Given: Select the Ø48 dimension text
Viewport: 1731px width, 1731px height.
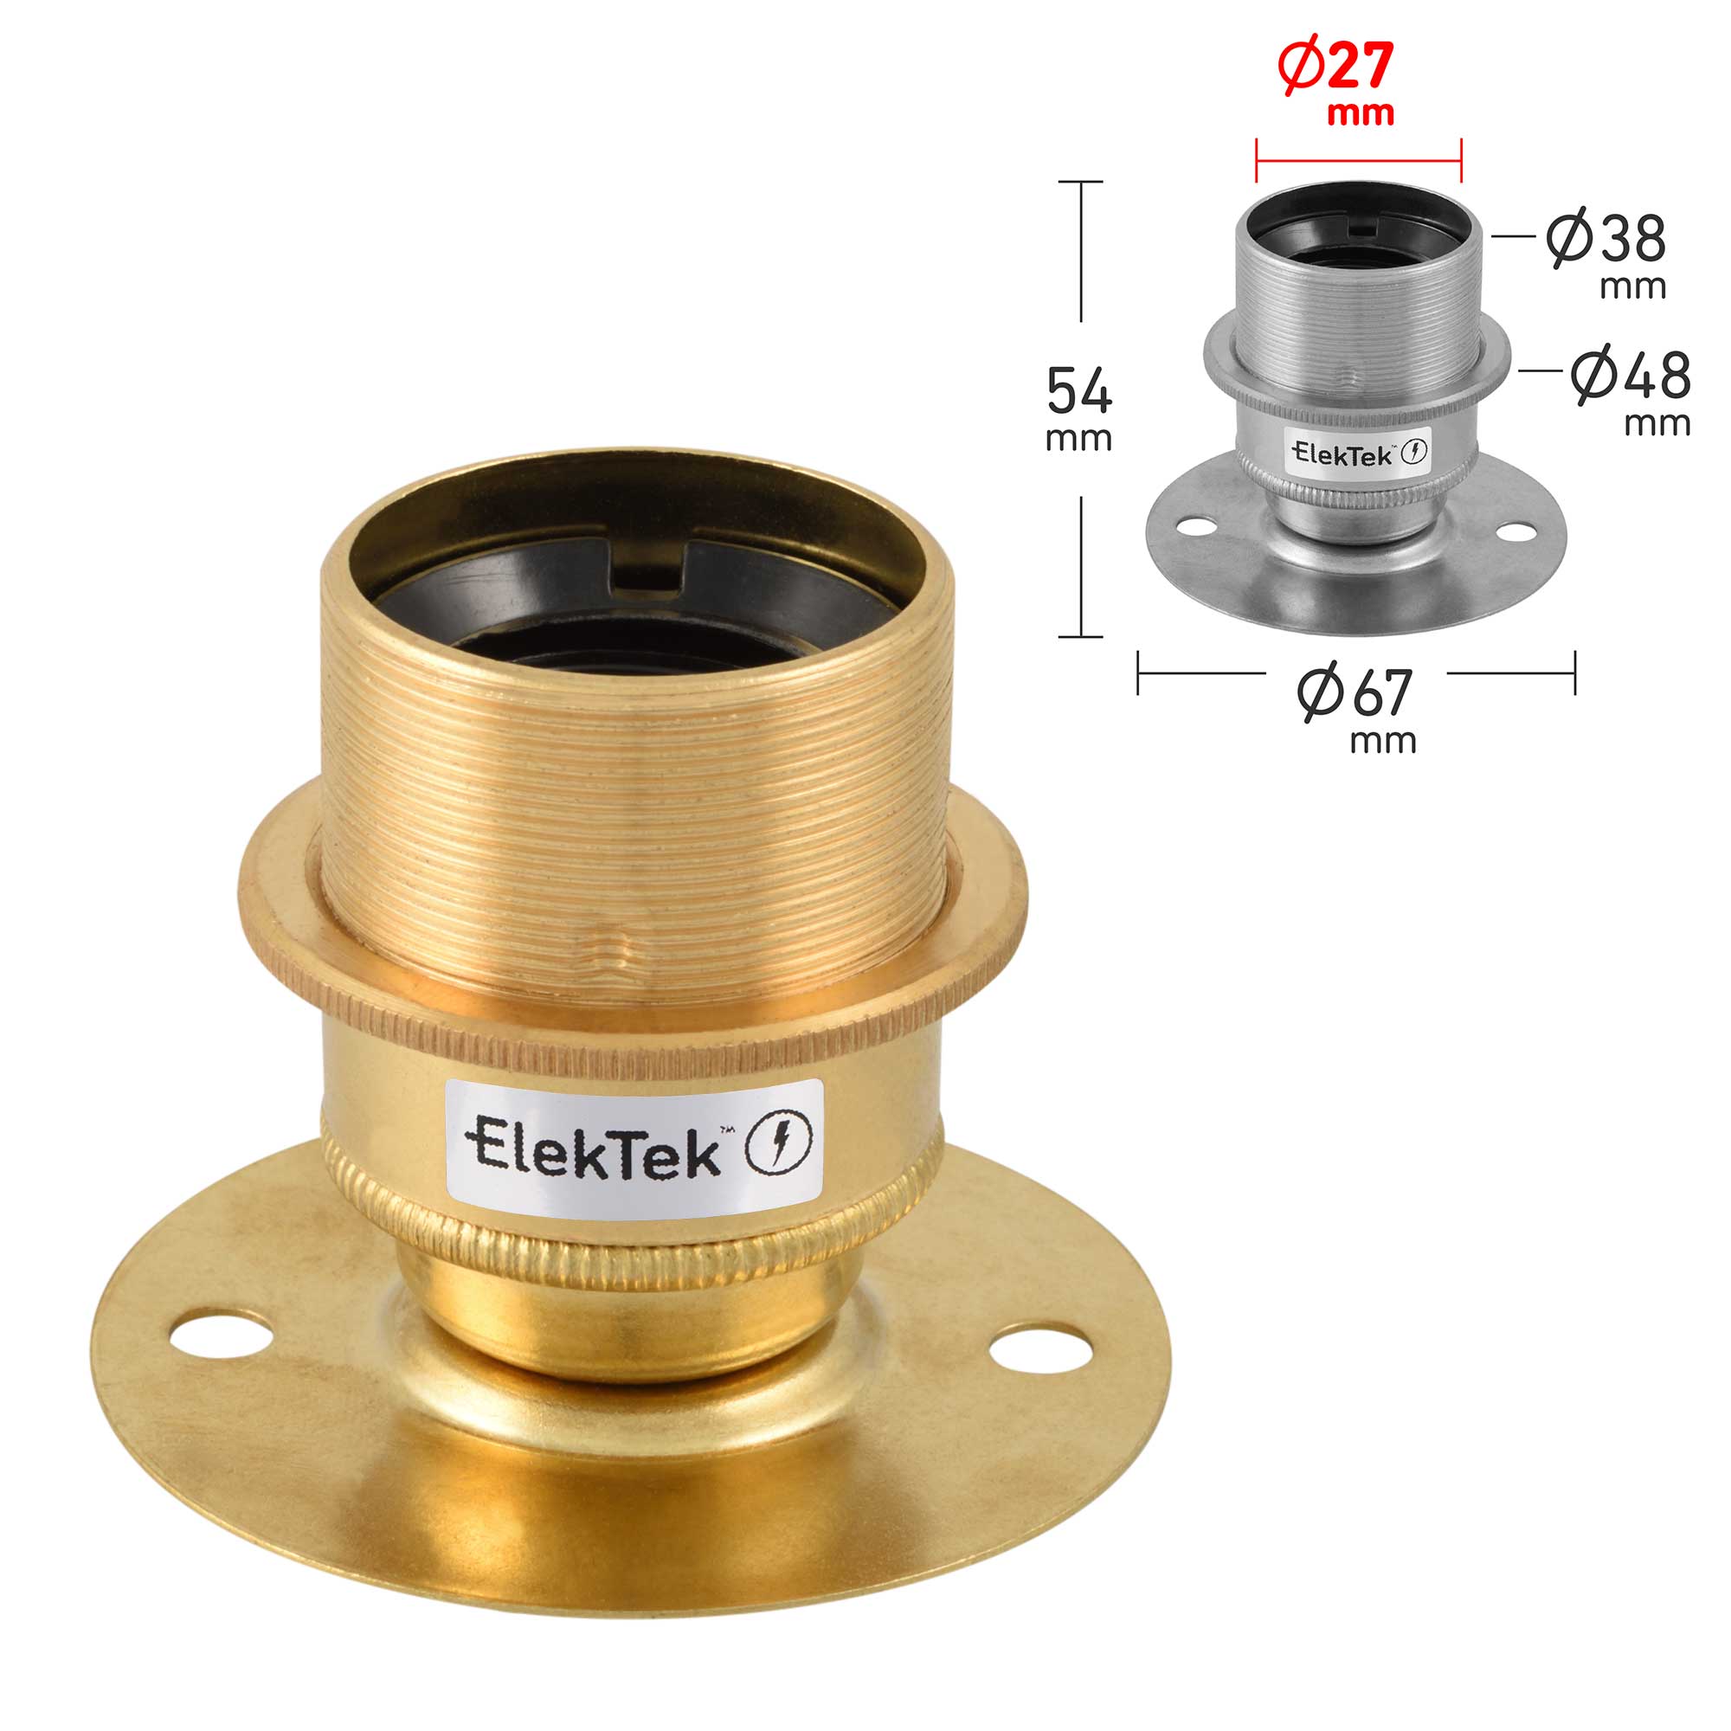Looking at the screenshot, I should pyautogui.click(x=1630, y=376).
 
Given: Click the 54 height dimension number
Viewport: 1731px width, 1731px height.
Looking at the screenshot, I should pyautogui.click(x=1079, y=391).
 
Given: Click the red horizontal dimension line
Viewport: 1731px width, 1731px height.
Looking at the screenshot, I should pyautogui.click(x=1358, y=162).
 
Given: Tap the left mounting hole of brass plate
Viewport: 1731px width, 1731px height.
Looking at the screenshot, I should pyautogui.click(x=221, y=1334).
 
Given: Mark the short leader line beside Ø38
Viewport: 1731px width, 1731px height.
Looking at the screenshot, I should pyautogui.click(x=1513, y=236).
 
